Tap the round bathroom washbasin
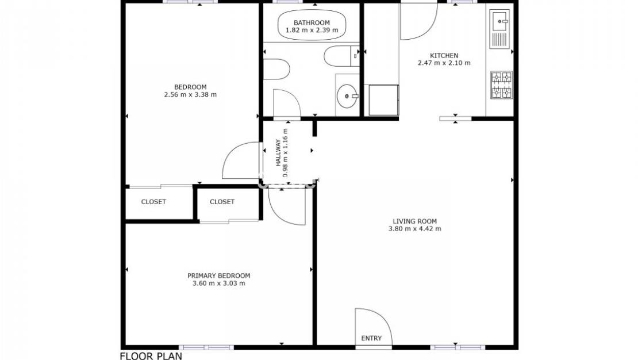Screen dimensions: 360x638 (x=347, y=96)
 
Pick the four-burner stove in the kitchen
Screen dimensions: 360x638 (x=501, y=85)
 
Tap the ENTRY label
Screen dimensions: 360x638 (x=371, y=338)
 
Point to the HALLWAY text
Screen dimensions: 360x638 (x=278, y=154)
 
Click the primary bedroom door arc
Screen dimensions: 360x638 (x=285, y=206)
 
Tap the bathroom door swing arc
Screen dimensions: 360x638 (x=286, y=104)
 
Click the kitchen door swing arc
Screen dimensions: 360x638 (x=418, y=22)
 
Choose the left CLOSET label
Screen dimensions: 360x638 (x=153, y=202)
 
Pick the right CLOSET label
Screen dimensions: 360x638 (x=222, y=202)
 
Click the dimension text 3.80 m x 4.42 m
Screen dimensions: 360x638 (x=414, y=229)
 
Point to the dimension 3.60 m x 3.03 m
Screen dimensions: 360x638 (x=218, y=283)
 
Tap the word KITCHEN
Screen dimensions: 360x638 (x=444, y=56)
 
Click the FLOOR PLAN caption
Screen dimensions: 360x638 (x=151, y=356)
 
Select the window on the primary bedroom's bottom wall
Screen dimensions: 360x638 (x=206, y=347)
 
